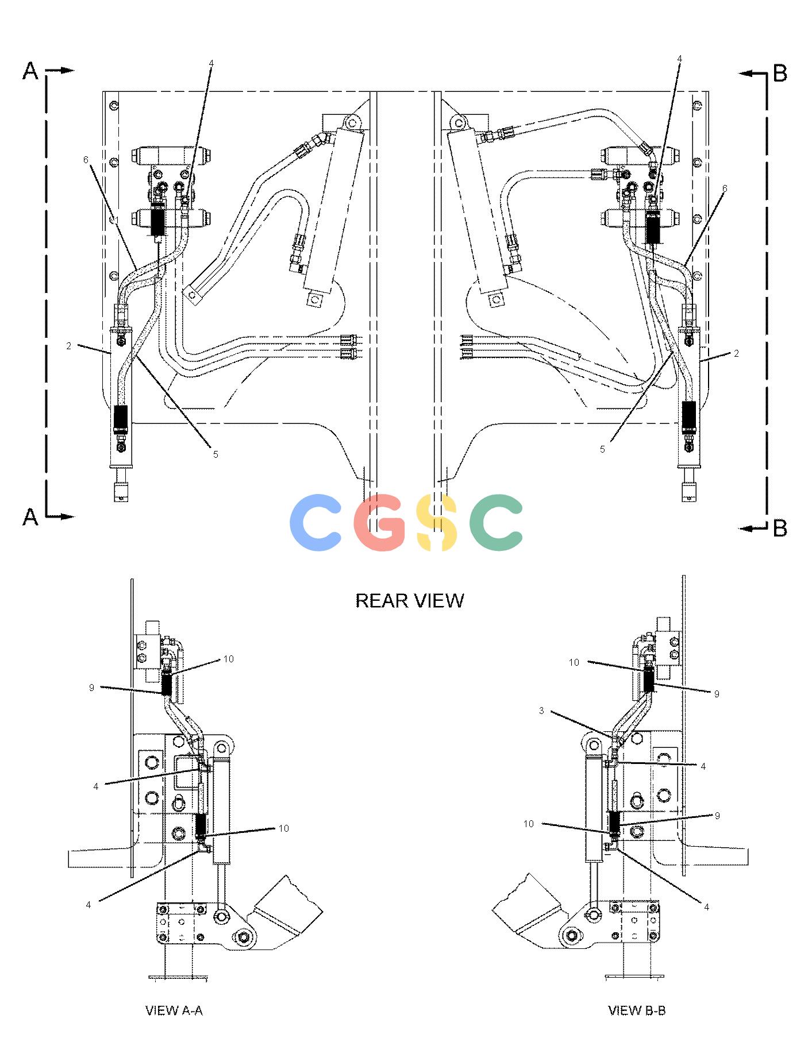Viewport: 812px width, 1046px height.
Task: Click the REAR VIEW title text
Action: coord(410,600)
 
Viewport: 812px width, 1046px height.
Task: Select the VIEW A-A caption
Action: coord(174,1010)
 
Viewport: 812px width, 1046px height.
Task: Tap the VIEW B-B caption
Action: coord(637,1010)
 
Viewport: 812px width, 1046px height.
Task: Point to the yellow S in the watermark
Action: coord(437,522)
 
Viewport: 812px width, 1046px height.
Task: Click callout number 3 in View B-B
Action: coord(541,711)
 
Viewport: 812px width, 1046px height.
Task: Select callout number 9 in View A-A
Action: coord(91,688)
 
